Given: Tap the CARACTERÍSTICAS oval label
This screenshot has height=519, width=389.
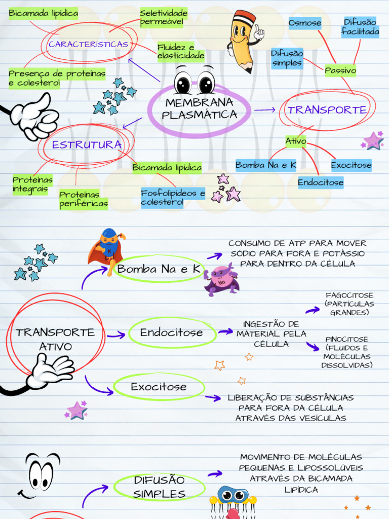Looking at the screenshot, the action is [88, 45].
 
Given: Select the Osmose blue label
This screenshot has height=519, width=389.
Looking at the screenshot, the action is [305, 23].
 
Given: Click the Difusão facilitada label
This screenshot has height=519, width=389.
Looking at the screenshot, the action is [360, 27].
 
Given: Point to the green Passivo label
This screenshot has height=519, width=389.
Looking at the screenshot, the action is [340, 70].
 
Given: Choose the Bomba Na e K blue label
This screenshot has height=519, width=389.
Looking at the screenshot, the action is [266, 165].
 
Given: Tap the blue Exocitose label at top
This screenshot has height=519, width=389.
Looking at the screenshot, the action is [351, 165].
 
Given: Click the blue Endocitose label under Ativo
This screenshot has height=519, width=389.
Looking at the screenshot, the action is [321, 182].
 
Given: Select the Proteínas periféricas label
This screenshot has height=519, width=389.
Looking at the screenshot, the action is [84, 199].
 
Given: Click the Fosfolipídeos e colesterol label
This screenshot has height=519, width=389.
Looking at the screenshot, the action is [173, 198].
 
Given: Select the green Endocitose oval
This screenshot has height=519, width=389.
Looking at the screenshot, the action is [171, 333].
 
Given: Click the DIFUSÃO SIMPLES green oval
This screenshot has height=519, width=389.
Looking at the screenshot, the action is [160, 487].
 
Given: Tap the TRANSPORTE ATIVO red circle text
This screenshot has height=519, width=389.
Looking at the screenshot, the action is [55, 340].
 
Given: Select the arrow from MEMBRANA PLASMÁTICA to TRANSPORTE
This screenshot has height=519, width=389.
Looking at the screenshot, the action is [265, 109].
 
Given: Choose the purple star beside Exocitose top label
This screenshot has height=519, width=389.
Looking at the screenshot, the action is [373, 141].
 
